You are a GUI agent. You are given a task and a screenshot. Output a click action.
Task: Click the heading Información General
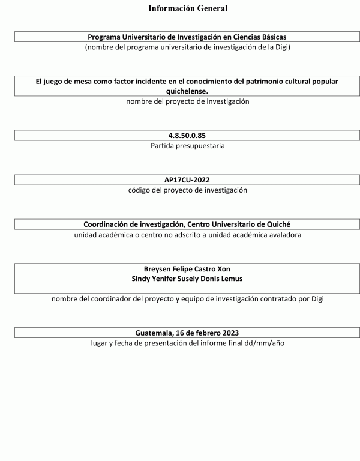tap(187, 8)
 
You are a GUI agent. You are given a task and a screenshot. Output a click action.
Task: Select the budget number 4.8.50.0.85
tap(187, 136)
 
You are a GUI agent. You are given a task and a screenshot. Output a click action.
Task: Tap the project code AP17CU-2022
tap(187, 179)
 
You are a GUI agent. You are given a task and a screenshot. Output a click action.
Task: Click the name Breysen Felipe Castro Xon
tap(187, 269)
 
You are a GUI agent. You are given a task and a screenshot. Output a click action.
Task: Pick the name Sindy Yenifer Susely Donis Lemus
tap(187, 279)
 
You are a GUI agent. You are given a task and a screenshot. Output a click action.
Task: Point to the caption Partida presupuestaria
tap(187, 146)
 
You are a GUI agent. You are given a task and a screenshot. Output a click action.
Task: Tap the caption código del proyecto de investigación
tap(187, 190)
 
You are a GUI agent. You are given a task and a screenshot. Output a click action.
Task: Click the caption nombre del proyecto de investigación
tap(187, 101)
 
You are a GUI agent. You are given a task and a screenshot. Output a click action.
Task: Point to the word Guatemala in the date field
tap(154, 333)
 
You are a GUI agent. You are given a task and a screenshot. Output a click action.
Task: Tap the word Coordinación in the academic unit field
tap(107, 224)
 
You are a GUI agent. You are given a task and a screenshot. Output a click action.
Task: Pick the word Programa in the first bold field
tap(105, 37)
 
